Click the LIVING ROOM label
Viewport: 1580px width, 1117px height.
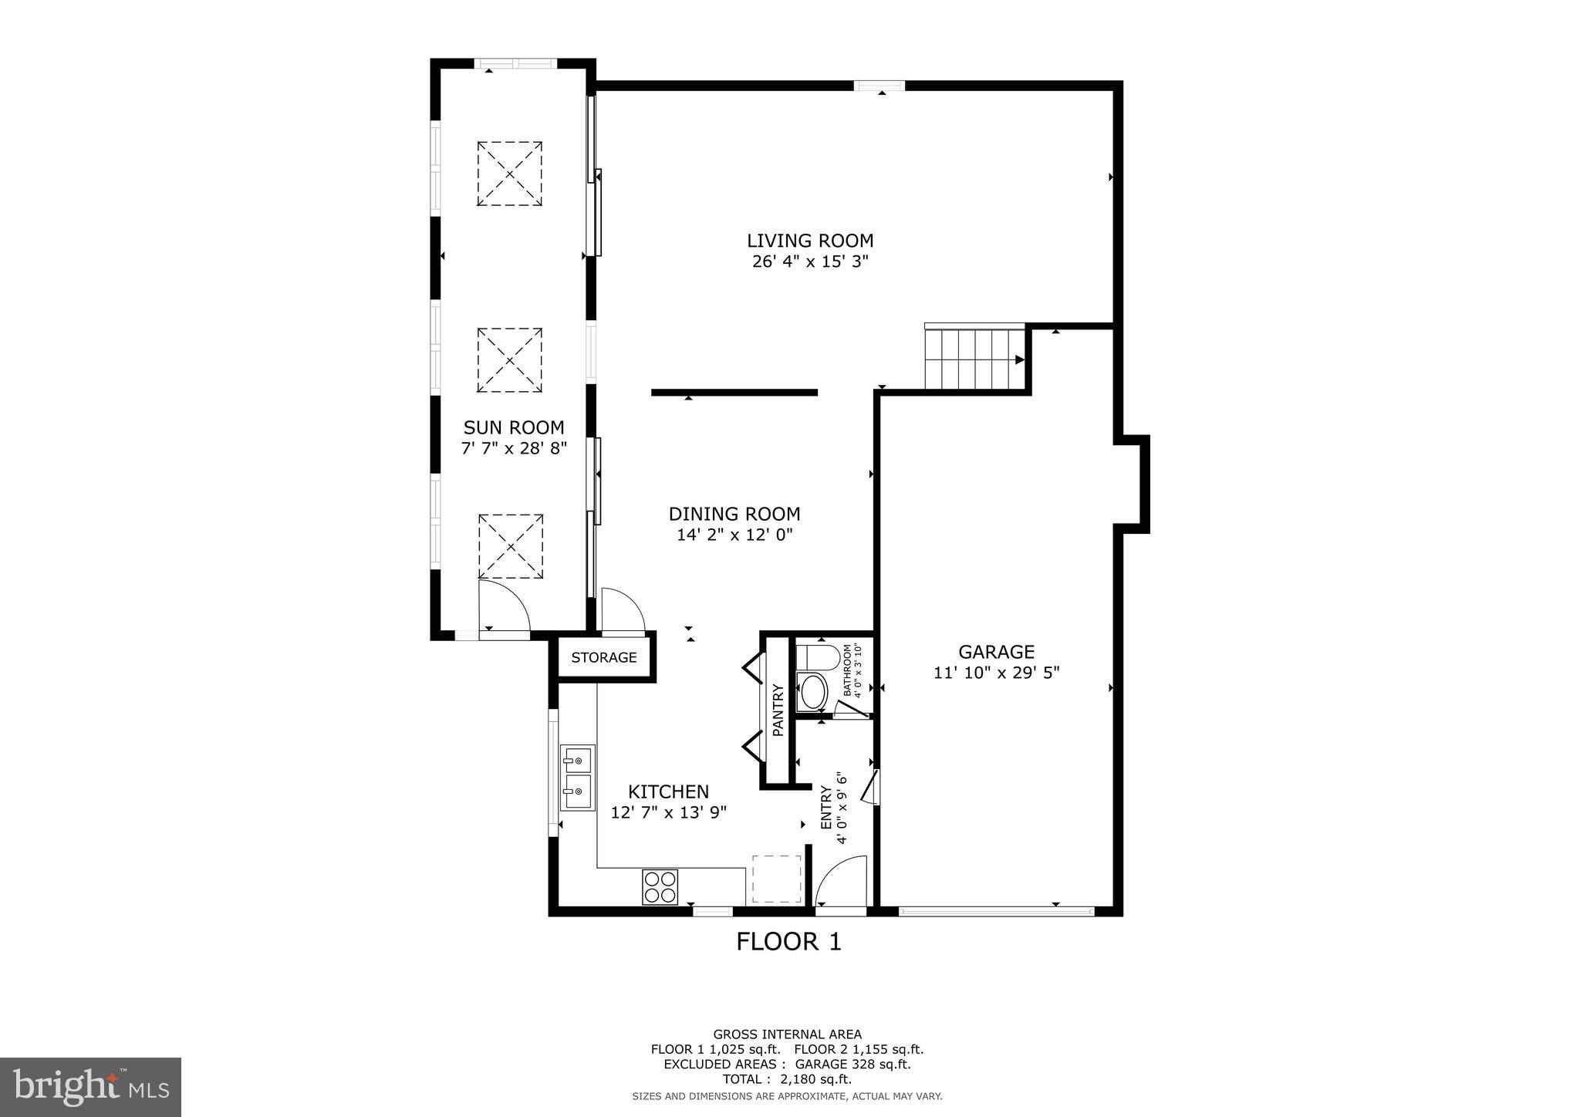810,241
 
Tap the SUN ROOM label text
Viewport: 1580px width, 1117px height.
514,427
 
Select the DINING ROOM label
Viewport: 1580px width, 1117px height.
734,514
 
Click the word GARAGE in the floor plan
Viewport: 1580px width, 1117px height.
997,652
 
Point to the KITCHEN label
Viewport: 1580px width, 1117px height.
668,791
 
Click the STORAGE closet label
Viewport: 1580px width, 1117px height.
604,657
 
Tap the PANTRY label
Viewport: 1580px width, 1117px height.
778,710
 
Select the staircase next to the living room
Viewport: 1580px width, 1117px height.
976,357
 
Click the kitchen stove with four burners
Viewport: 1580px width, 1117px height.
660,886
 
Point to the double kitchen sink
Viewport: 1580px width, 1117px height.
578,778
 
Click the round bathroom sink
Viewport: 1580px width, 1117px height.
812,693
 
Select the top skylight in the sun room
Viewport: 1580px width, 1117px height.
509,174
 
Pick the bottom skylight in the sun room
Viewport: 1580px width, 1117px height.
511,546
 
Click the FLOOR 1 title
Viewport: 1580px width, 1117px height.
788,942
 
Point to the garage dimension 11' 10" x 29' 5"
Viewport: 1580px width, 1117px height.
997,673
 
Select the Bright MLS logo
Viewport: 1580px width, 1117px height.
91,1087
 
